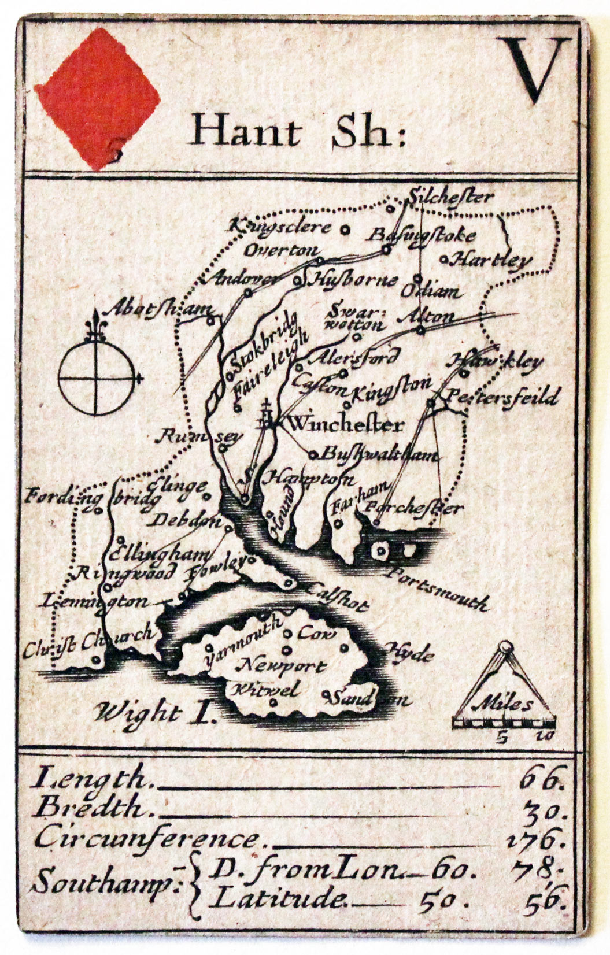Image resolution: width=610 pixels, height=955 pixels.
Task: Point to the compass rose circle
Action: click(x=96, y=378)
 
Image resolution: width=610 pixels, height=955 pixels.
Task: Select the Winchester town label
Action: click(x=345, y=425)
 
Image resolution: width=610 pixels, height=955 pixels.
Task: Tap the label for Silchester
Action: click(x=450, y=197)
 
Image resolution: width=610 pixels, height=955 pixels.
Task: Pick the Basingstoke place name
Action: click(x=422, y=235)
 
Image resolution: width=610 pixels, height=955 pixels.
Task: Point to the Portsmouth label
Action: click(x=438, y=588)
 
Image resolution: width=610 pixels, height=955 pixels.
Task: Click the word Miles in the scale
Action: click(x=502, y=705)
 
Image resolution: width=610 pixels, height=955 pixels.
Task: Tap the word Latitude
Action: click(x=282, y=900)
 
